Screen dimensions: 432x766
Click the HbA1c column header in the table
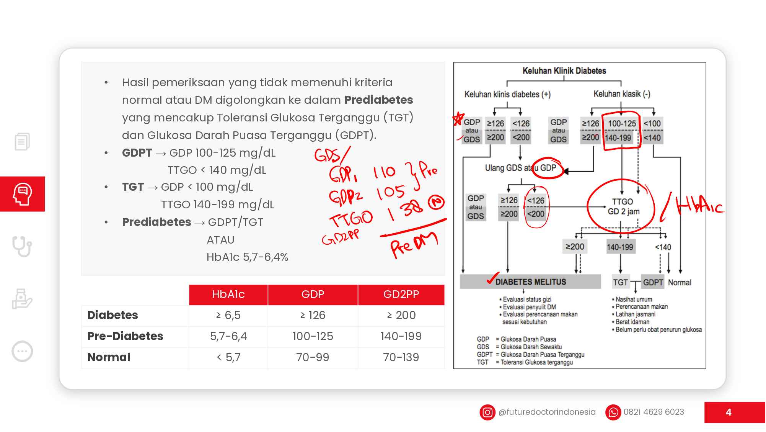tap(228, 295)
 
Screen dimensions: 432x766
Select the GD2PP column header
tap(401, 295)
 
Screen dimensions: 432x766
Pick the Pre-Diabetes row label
tap(125, 336)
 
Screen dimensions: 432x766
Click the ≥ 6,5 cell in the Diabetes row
tap(228, 315)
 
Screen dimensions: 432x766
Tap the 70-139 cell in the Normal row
tap(401, 357)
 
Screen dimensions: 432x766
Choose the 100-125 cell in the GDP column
tap(313, 336)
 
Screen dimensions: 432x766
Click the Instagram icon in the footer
tap(487, 412)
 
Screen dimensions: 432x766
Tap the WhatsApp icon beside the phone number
tap(613, 412)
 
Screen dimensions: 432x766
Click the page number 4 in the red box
tap(728, 412)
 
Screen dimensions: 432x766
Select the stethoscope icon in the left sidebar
tap(22, 246)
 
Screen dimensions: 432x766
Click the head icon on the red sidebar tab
tap(22, 194)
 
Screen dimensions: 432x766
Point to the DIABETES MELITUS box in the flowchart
tap(530, 282)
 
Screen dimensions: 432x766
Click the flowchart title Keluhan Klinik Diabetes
tap(564, 71)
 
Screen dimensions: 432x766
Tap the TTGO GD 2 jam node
tap(623, 206)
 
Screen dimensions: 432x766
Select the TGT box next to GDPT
tap(620, 283)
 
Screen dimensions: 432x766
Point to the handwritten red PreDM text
tap(413, 245)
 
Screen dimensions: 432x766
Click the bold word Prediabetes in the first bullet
tap(378, 100)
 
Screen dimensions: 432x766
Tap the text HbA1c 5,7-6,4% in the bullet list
tap(247, 257)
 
